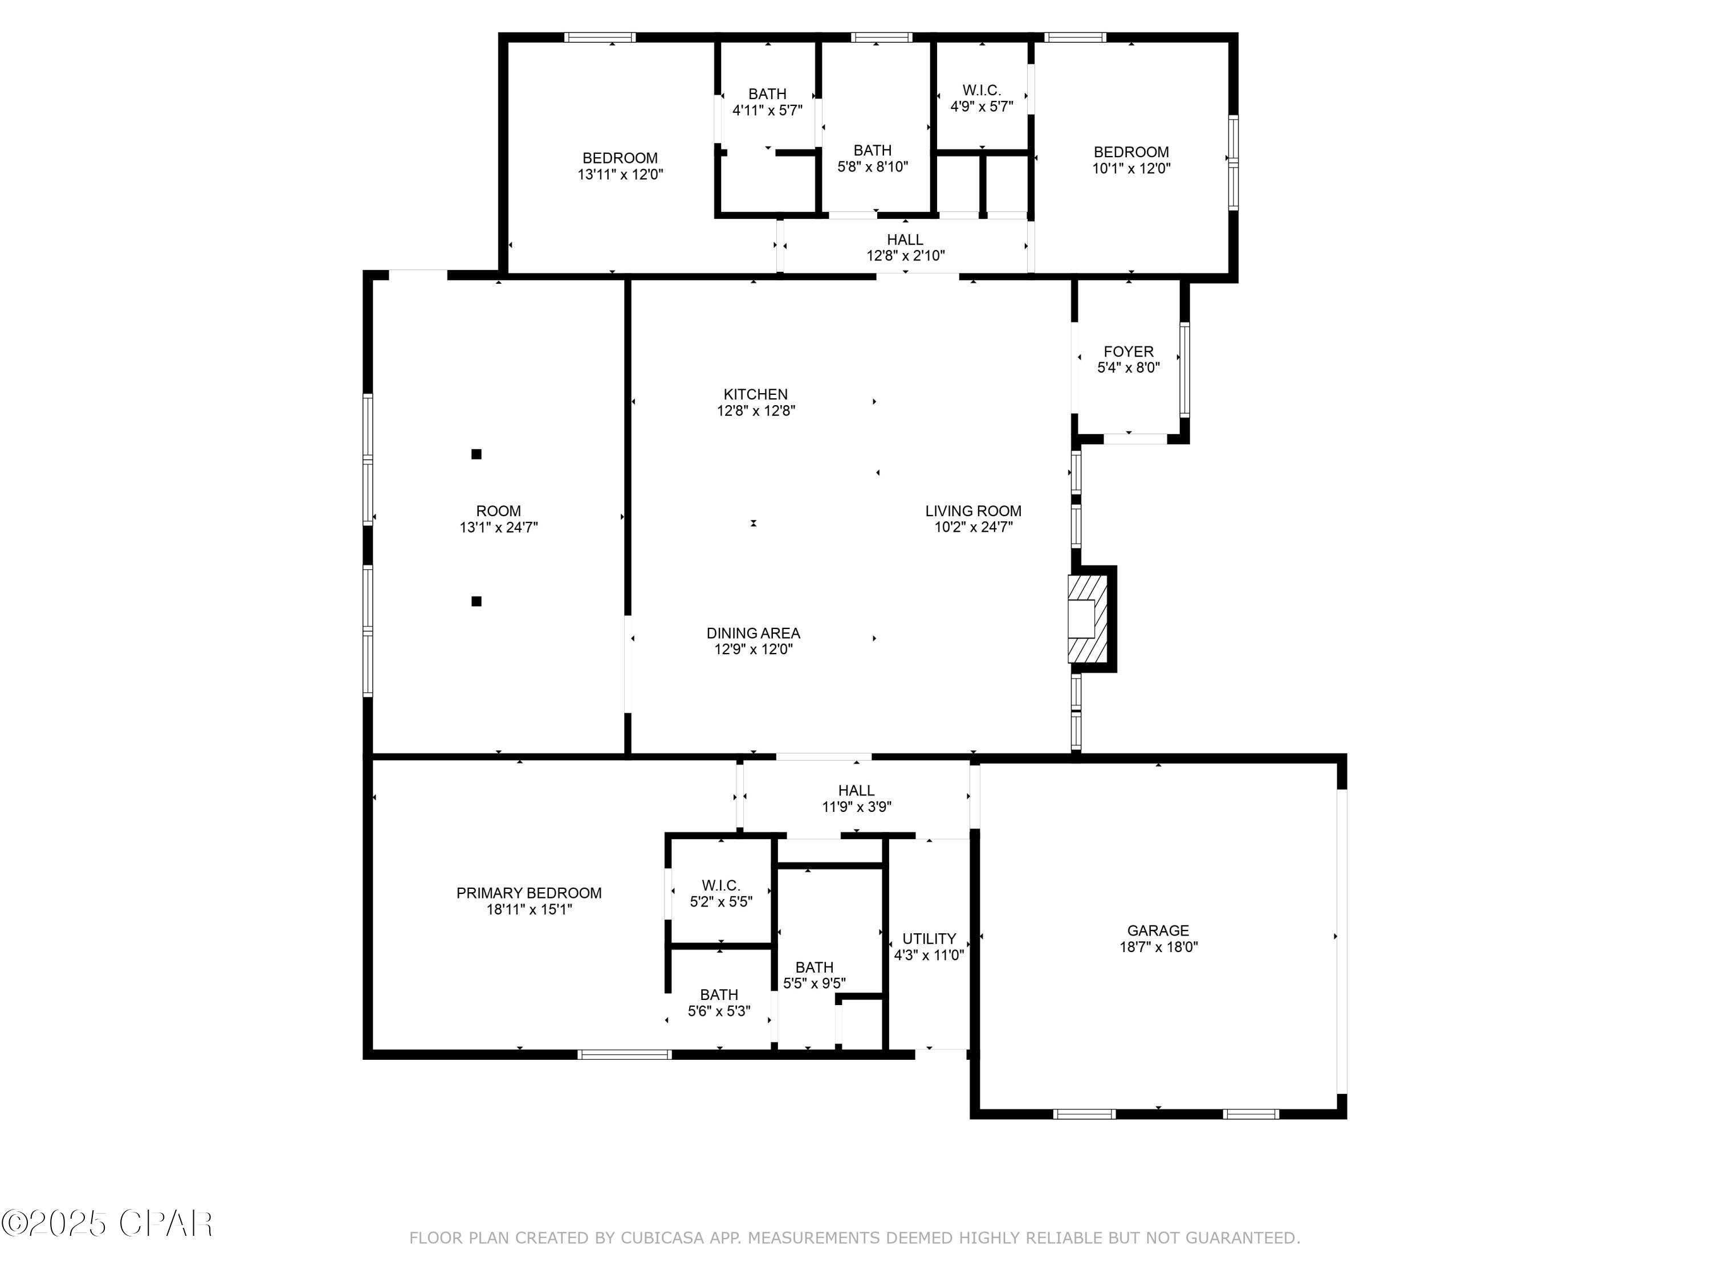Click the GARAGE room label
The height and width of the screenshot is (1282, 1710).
click(x=1157, y=930)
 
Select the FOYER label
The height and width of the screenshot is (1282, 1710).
click(x=1128, y=352)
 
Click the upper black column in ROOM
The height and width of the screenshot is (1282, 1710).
click(x=476, y=454)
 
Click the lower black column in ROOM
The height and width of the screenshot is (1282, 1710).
click(x=476, y=601)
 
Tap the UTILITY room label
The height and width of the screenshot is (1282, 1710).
click(x=929, y=938)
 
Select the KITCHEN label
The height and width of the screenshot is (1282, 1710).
click(x=755, y=394)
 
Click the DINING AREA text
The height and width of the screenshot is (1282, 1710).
click(x=753, y=633)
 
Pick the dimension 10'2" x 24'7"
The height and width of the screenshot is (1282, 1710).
click(x=974, y=528)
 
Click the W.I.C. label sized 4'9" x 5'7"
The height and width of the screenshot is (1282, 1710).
click(x=981, y=91)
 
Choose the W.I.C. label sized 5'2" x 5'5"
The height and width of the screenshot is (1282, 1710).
click(x=720, y=885)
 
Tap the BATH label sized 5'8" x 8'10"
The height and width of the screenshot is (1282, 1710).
click(x=872, y=150)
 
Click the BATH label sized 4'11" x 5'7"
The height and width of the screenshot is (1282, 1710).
click(x=767, y=93)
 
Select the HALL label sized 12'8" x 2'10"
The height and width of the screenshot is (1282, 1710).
click(x=905, y=239)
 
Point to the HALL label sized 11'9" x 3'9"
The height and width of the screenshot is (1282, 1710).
click(x=856, y=790)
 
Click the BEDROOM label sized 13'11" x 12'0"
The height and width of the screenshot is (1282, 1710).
click(x=620, y=158)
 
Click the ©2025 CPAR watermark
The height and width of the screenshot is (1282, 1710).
click(x=108, y=1223)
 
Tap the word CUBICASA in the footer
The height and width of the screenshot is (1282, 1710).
click(x=662, y=1238)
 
